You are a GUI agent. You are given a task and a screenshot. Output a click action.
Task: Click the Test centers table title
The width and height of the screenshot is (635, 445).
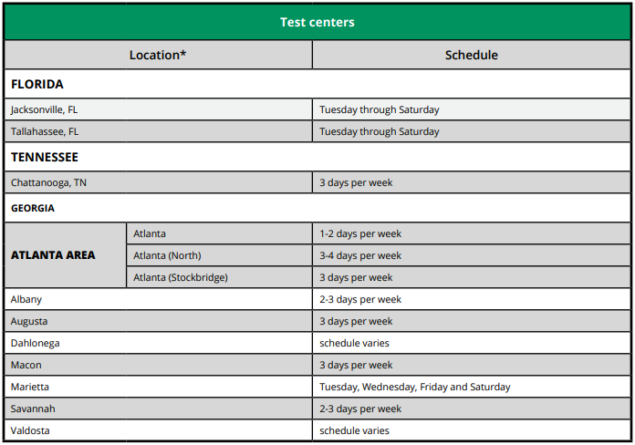point(317,22)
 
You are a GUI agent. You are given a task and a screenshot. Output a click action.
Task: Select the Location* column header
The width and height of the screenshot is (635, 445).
point(158,55)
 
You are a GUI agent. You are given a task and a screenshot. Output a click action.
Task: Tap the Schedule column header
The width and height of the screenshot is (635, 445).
point(471,55)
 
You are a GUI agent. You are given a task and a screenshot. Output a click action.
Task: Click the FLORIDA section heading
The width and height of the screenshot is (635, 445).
point(37,84)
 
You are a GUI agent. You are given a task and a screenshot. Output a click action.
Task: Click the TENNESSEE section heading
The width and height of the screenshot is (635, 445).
point(45,157)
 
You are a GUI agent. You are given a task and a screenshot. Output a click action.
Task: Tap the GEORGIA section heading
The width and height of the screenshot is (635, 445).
point(33,208)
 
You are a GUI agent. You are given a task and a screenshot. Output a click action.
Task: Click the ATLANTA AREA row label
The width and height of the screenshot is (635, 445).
point(53,255)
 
